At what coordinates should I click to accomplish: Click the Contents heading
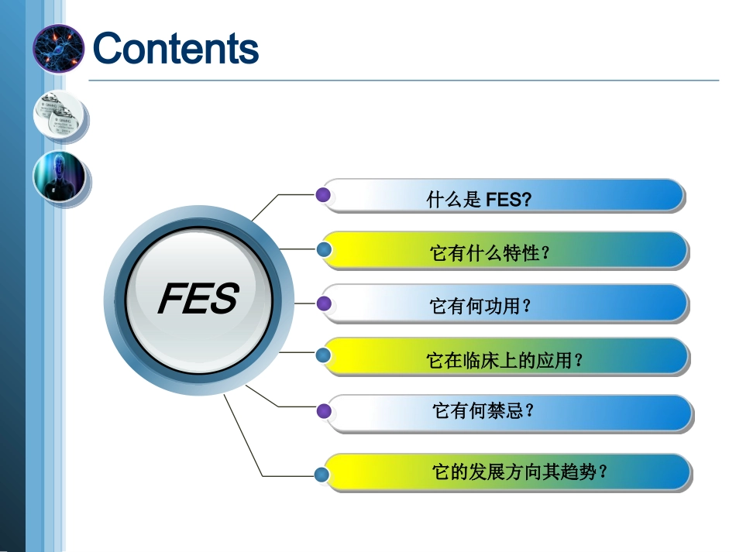click(x=175, y=48)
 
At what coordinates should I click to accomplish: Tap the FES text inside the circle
click(x=198, y=299)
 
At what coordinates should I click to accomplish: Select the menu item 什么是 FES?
click(x=479, y=201)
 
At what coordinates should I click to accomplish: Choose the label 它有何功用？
click(x=481, y=307)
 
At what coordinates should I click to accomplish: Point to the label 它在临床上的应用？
click(x=504, y=360)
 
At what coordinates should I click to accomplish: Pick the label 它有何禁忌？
click(x=483, y=411)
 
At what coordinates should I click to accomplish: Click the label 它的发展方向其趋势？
click(x=519, y=471)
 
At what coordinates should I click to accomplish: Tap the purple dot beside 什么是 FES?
click(x=324, y=194)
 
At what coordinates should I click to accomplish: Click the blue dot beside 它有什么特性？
click(x=325, y=249)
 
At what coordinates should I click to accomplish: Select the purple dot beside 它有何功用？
click(x=325, y=302)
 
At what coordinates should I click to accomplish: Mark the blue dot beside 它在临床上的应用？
click(x=325, y=355)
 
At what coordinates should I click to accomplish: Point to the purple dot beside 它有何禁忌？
click(x=325, y=410)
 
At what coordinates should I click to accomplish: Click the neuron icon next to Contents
click(x=58, y=48)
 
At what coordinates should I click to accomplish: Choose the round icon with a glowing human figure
click(x=59, y=177)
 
